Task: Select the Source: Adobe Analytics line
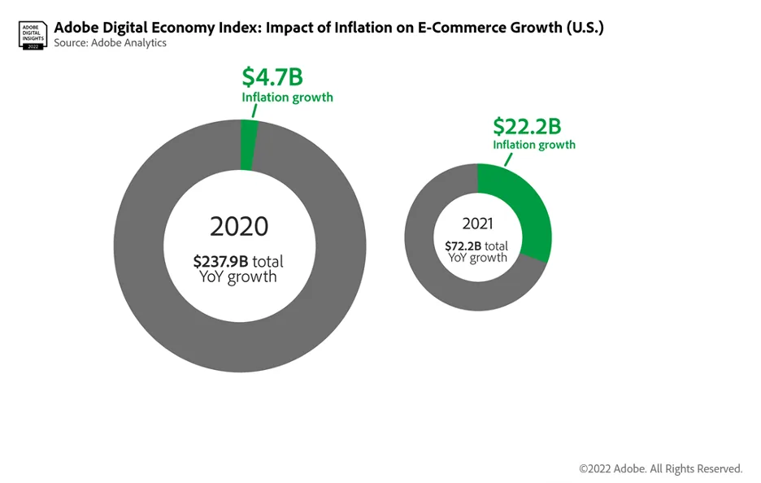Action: point(110,42)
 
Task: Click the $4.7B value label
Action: point(272,77)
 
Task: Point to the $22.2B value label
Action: point(527,126)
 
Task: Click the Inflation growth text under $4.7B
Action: point(287,98)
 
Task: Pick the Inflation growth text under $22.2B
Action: point(534,145)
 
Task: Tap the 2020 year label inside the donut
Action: point(239,226)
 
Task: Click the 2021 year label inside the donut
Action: point(478,223)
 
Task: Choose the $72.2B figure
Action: point(463,246)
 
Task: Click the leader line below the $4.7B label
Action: point(254,111)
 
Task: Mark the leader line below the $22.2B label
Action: point(509,158)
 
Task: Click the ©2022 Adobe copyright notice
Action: point(660,468)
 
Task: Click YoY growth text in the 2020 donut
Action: point(238,277)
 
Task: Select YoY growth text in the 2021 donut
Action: point(477,258)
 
